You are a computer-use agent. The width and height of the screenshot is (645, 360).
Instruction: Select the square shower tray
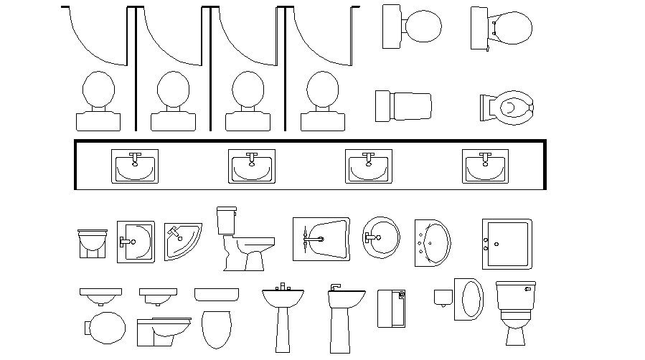pyautogui.click(x=507, y=244)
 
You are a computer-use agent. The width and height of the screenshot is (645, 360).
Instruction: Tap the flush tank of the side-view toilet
pyautogui.click(x=227, y=219)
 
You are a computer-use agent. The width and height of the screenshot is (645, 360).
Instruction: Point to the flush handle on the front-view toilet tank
pyautogui.click(x=527, y=288)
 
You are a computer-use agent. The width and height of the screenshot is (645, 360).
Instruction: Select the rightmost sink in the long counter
pyautogui.click(x=485, y=166)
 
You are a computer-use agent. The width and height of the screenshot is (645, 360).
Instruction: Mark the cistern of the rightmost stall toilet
pyautogui.click(x=322, y=121)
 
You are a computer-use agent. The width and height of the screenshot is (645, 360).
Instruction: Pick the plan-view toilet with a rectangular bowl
pyautogui.click(x=403, y=105)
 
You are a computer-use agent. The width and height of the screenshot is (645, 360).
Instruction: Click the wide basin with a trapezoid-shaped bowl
pyautogui.click(x=321, y=239)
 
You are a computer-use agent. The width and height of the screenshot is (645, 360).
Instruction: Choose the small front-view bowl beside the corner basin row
pyautogui.click(x=92, y=243)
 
